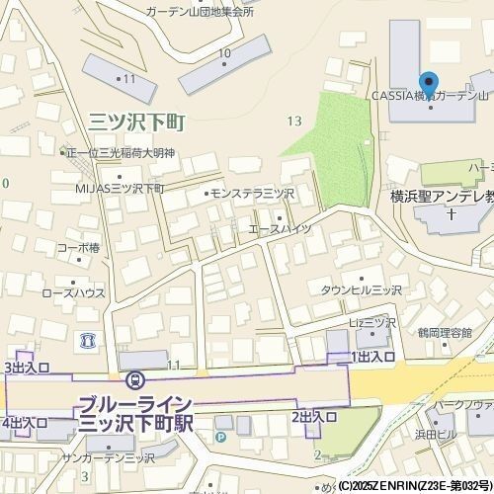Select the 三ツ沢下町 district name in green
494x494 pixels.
(x=137, y=123)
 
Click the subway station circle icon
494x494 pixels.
(x=135, y=379)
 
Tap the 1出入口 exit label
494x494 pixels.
(x=372, y=356)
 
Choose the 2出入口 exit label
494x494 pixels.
(x=314, y=418)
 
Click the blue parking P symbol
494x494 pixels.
(x=220, y=436)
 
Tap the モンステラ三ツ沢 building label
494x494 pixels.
(x=252, y=193)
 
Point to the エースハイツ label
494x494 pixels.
(x=280, y=229)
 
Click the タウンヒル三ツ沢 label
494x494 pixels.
(x=361, y=290)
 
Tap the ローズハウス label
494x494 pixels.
(x=74, y=293)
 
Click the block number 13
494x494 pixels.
(x=293, y=121)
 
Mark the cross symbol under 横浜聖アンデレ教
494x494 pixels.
(x=451, y=213)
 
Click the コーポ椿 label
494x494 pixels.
(x=78, y=248)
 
